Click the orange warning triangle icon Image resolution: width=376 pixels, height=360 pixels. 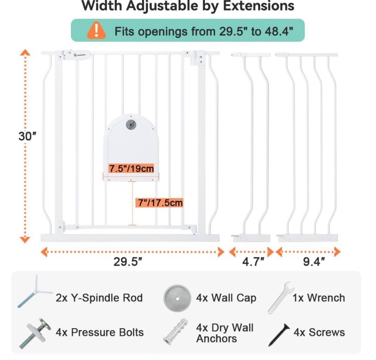96,30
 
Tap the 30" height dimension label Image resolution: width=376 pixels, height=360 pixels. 27,136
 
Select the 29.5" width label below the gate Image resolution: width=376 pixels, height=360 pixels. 127,261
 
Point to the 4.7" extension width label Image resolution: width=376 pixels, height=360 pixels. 253,261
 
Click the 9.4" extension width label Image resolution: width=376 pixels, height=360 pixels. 314,261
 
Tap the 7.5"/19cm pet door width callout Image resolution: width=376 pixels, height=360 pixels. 132,168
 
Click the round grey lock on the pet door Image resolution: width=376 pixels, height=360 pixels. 131,125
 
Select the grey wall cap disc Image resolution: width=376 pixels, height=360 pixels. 178,298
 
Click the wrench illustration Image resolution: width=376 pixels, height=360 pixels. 281,297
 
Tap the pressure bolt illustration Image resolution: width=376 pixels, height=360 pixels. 35,333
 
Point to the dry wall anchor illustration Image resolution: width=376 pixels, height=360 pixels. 175,332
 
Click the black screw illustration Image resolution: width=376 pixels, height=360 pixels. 279,335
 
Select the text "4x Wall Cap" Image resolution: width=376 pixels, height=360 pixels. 226,298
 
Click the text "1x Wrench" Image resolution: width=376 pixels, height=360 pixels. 319,298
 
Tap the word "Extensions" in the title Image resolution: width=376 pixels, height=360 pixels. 259,6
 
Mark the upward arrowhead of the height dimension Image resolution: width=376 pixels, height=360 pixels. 25,53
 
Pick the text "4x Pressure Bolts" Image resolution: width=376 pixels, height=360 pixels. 100,332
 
